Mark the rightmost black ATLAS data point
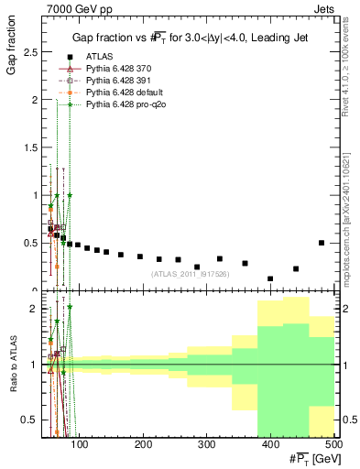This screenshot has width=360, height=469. (x=322, y=243)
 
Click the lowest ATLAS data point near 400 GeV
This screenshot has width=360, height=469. (x=270, y=278)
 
